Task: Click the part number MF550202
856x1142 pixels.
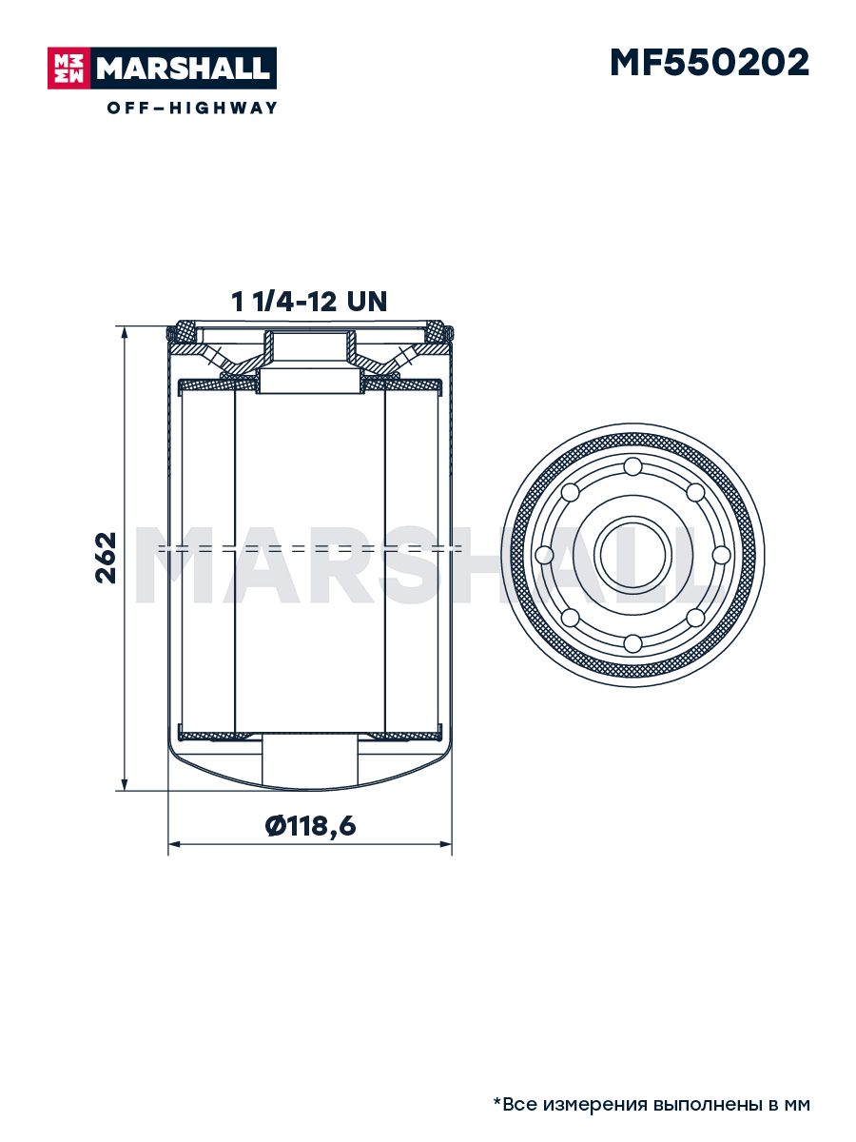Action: [710, 63]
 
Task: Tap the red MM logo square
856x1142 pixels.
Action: [69, 69]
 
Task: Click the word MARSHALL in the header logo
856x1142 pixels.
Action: [184, 69]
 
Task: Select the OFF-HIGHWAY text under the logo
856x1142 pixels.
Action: [192, 108]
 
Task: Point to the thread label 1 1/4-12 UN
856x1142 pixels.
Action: [309, 302]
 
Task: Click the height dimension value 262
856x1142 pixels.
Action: [106, 558]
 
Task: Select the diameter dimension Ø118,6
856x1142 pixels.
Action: [310, 826]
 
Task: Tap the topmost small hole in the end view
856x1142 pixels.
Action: [632, 466]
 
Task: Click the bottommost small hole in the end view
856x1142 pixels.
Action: [632, 644]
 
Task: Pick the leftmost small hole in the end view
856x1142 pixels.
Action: [544, 556]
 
